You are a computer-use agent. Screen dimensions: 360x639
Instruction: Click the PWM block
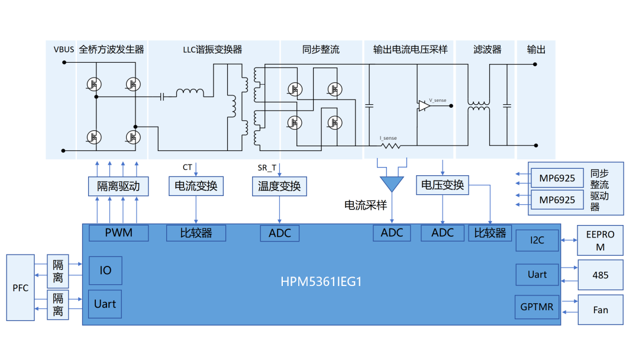pos(118,233)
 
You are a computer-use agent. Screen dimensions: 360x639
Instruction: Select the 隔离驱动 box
pos(118,187)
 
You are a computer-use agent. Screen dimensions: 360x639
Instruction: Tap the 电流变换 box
pos(196,187)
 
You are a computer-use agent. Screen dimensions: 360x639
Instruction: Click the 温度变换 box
pos(279,187)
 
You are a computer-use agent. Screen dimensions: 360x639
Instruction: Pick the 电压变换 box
pos(443,185)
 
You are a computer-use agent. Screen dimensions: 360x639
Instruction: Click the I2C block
pos(537,240)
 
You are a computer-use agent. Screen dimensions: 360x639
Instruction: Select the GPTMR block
pos(537,307)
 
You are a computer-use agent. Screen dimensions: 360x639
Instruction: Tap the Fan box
pos(600,310)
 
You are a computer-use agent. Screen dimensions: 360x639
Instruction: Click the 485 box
pos(600,275)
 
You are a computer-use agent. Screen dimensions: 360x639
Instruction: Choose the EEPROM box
pos(600,240)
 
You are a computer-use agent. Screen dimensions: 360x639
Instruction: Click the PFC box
pos(20,288)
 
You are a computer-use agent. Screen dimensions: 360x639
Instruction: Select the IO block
pos(105,271)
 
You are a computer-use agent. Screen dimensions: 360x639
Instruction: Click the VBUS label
pos(63,50)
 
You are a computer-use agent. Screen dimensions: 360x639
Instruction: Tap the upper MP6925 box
pos(557,178)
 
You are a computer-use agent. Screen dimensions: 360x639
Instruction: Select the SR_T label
pos(267,168)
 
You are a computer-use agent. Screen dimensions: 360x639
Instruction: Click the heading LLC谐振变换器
pos(212,50)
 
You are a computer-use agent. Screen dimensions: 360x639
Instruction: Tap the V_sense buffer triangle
pos(424,106)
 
